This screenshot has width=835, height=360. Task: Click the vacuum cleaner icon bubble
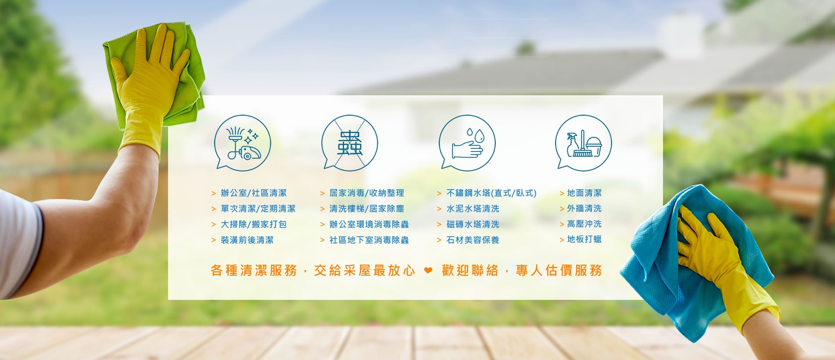click(242, 142)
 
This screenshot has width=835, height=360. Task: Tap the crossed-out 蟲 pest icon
click(350, 142)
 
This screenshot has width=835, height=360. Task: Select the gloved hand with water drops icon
click(467, 142)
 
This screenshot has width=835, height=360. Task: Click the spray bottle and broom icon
click(584, 142)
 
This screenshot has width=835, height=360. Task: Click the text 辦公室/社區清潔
click(254, 193)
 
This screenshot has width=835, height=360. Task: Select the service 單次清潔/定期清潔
click(258, 209)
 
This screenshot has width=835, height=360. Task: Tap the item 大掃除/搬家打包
click(254, 224)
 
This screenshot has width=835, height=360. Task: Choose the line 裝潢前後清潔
click(247, 240)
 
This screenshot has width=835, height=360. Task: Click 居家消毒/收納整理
click(367, 193)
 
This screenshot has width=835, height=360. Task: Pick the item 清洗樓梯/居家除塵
click(367, 209)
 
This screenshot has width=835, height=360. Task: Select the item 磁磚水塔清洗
click(473, 224)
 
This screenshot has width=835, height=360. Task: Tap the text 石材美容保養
click(473, 240)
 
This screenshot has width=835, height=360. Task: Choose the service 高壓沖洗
click(584, 224)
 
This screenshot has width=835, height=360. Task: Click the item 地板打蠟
click(584, 239)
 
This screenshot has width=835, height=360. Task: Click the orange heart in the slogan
click(428, 270)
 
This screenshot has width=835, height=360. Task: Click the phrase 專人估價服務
click(559, 270)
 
